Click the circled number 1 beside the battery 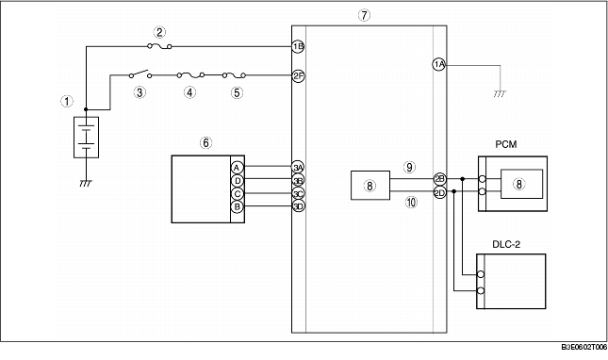[x=65, y=99]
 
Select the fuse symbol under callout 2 [x=160, y=45]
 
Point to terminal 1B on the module [x=298, y=45]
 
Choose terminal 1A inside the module [x=438, y=64]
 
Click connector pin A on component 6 [x=237, y=166]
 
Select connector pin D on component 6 [x=237, y=179]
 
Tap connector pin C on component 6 [x=237, y=192]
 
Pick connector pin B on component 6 [x=237, y=205]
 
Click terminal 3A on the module [x=298, y=166]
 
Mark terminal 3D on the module [x=298, y=205]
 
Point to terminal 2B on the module [x=439, y=178]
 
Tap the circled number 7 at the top [x=365, y=15]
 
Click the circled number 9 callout [x=409, y=166]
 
